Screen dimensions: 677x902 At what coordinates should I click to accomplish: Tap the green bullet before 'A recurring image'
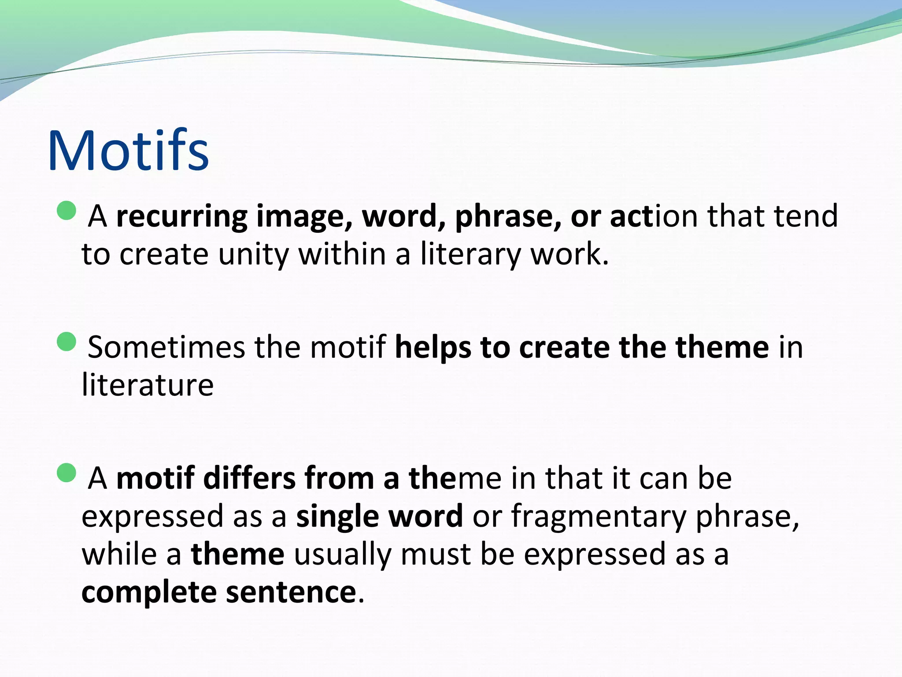(67, 211)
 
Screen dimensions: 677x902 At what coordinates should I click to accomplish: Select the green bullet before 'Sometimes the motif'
(67, 342)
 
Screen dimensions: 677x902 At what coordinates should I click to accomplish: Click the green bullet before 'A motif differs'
(67, 472)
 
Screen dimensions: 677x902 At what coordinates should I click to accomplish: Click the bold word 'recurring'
(181, 217)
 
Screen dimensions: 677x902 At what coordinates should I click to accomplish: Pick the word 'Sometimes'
(166, 347)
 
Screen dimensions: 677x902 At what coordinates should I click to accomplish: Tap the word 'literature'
(148, 385)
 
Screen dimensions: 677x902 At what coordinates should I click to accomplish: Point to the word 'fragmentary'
(598, 517)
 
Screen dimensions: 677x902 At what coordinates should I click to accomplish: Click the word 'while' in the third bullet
(119, 554)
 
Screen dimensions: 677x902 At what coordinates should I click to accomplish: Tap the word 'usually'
(343, 555)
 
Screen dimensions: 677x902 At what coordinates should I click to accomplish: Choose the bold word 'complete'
(149, 593)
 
